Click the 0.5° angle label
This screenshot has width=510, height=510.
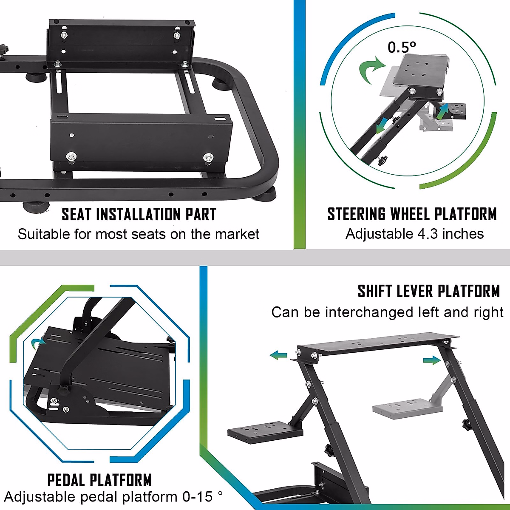(402, 47)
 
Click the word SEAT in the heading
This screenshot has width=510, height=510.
(76, 214)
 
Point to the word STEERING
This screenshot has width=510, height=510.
(357, 214)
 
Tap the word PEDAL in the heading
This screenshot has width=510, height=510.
(66, 480)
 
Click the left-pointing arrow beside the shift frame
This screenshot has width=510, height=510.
(278, 355)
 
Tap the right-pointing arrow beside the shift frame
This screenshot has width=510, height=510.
(432, 360)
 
